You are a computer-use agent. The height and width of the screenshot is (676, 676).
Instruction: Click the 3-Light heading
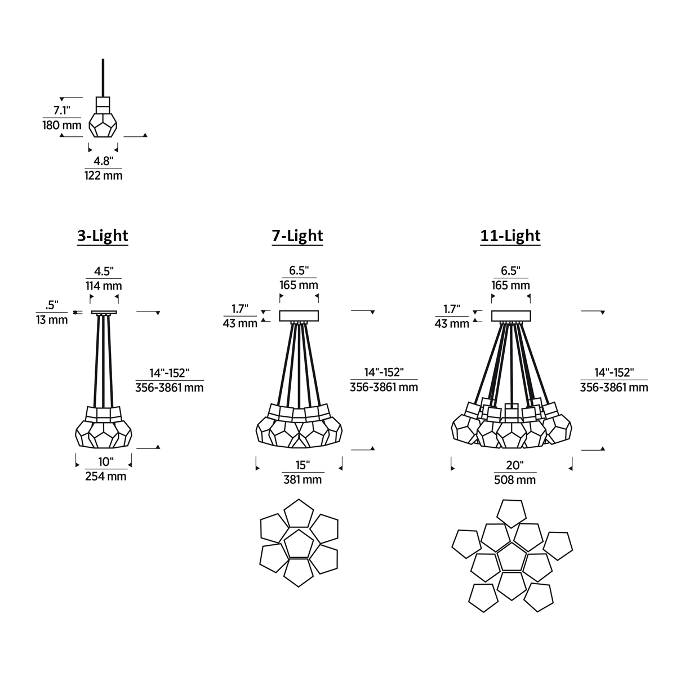coord(103,235)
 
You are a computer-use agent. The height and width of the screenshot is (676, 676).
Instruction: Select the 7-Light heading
coord(297,235)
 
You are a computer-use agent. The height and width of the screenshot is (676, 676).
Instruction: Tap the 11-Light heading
coord(510,235)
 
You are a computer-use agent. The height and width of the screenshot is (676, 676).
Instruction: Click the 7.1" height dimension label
coord(62,110)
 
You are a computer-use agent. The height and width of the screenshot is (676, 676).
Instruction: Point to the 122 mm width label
coord(104,175)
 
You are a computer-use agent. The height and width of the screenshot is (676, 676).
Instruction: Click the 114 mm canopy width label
coord(104,286)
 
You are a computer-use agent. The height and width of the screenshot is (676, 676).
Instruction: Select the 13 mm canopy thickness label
coord(52,320)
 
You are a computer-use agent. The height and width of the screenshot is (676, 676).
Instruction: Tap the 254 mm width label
coord(105,477)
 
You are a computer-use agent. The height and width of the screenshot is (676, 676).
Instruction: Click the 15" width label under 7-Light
coord(303,465)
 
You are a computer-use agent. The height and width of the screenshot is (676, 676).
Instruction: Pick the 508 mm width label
coord(515,480)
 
